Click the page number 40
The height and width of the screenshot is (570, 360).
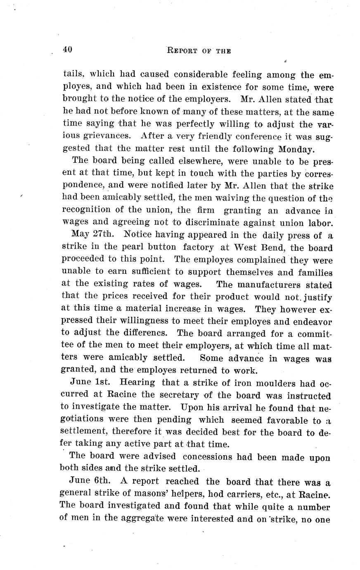(68, 50)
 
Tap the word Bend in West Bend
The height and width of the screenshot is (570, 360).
(275, 247)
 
